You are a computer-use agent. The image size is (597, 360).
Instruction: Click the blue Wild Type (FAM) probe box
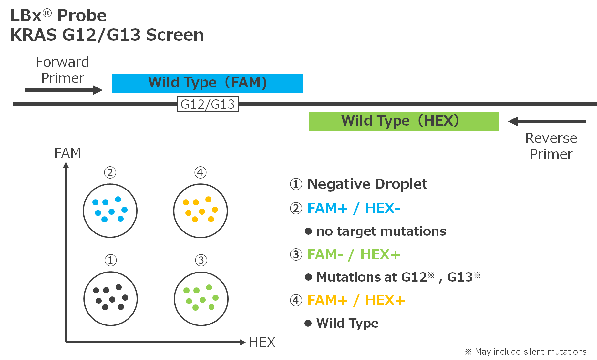[x=207, y=83]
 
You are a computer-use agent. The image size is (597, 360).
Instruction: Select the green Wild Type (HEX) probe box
[x=404, y=121]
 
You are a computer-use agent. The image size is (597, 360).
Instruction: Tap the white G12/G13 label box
[x=208, y=104]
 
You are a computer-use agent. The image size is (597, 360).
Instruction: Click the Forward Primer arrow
[x=63, y=90]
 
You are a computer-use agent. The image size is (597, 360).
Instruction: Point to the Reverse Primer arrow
[x=547, y=121]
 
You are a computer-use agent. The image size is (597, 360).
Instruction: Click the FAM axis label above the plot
[x=67, y=153]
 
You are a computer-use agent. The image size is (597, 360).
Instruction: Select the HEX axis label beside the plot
[x=262, y=342]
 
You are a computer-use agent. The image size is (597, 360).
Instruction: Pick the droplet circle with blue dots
[x=110, y=211]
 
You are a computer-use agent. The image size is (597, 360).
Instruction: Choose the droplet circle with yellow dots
[x=201, y=211]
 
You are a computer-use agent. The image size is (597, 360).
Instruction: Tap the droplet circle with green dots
[x=201, y=299]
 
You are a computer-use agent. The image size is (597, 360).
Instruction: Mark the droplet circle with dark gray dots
[x=110, y=299]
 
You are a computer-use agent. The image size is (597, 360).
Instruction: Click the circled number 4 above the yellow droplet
[x=200, y=172]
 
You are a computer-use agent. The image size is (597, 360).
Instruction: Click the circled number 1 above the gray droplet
[x=110, y=260]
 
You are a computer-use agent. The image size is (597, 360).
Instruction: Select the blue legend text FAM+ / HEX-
[x=354, y=208]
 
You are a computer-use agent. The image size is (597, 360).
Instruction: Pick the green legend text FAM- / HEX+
[x=354, y=254]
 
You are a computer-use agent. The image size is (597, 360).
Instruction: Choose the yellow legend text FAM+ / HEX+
[x=356, y=300]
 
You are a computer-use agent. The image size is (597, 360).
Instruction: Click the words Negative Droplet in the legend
[x=367, y=184]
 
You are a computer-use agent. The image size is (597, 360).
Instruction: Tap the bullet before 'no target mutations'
[x=308, y=231]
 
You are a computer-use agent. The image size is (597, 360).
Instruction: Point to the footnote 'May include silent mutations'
[x=530, y=352]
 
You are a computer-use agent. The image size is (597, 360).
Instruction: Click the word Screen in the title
[x=175, y=35]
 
